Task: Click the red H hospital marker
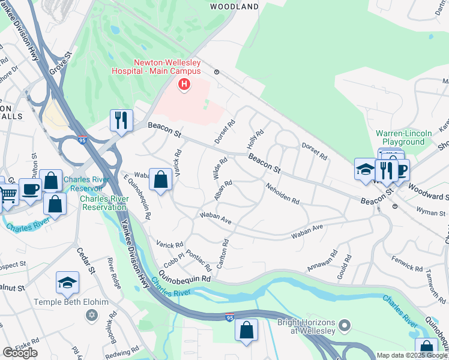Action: click(184, 86)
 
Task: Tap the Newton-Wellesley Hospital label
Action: click(166, 67)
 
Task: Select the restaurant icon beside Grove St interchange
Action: click(121, 119)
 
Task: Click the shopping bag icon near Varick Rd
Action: click(161, 179)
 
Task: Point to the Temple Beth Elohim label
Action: click(66, 302)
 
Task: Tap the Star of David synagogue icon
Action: click(91, 315)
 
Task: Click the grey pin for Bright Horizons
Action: click(343, 326)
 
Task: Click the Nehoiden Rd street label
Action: click(283, 194)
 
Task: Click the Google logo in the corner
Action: click(20, 353)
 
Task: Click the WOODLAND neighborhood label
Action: click(235, 7)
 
